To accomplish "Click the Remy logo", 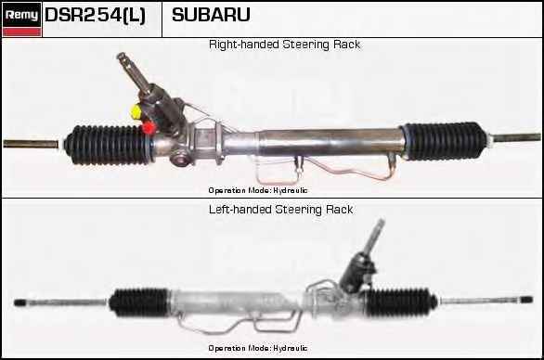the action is click(21, 15).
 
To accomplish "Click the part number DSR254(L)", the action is click(95, 15).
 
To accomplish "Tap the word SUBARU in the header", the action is click(211, 15).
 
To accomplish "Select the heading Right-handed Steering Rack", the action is click(284, 45).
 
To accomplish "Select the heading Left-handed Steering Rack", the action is click(281, 210).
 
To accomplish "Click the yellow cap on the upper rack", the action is click(136, 111).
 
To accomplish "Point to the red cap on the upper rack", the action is click(149, 127).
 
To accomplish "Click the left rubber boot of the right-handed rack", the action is click(109, 145).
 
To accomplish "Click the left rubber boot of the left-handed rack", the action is click(139, 302).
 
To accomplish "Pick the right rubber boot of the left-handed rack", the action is click(400, 302).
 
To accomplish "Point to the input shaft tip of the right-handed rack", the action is click(122, 57).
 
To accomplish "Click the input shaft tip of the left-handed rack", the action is click(381, 222).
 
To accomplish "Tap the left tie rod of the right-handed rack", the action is click(31, 144).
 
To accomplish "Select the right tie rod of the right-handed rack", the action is click(516, 137).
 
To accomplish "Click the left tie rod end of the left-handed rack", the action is click(20, 302).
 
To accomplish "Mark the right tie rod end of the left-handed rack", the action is click(527, 300).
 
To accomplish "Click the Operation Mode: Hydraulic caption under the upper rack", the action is click(258, 190).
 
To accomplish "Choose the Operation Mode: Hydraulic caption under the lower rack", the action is click(258, 348).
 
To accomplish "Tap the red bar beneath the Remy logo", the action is click(21, 32).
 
